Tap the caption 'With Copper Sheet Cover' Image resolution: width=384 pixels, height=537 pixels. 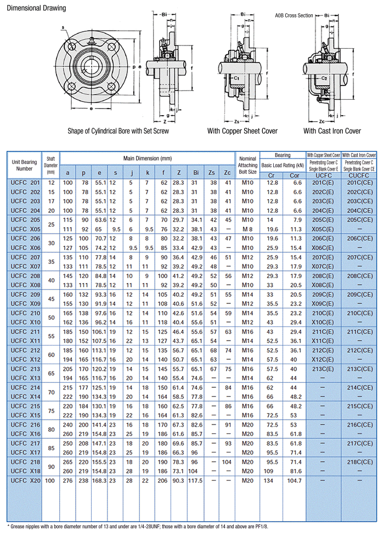click(242, 131)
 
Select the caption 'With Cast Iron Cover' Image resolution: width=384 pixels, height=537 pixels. click(332, 131)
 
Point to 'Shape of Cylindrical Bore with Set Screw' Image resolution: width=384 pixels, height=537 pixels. click(118, 131)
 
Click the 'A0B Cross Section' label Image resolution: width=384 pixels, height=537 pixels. click(293, 15)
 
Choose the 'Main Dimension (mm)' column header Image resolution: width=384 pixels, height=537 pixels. click(148, 158)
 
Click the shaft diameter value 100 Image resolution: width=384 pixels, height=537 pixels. click(50, 481)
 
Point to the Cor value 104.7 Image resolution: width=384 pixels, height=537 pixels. click(294, 481)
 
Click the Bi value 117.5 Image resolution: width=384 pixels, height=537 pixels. click(196, 481)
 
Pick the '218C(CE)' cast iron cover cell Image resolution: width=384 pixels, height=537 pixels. click(360, 462)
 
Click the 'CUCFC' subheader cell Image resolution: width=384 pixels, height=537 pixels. click(360, 175)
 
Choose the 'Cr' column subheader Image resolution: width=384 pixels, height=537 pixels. click(272, 175)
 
